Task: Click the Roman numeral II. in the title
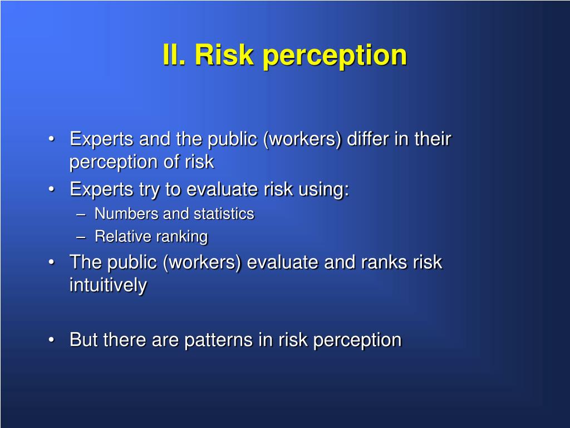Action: click(x=175, y=55)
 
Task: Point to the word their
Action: click(x=432, y=139)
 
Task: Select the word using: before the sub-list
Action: click(x=323, y=190)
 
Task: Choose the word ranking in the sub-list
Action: click(x=181, y=237)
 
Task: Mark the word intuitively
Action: click(x=108, y=285)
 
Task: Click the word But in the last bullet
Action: click(x=82, y=340)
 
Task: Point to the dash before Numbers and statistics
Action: click(x=81, y=214)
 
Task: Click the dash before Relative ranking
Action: click(x=81, y=237)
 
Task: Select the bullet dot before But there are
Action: click(x=52, y=340)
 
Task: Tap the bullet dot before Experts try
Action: click(x=52, y=189)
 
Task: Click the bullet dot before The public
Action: click(x=52, y=262)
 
